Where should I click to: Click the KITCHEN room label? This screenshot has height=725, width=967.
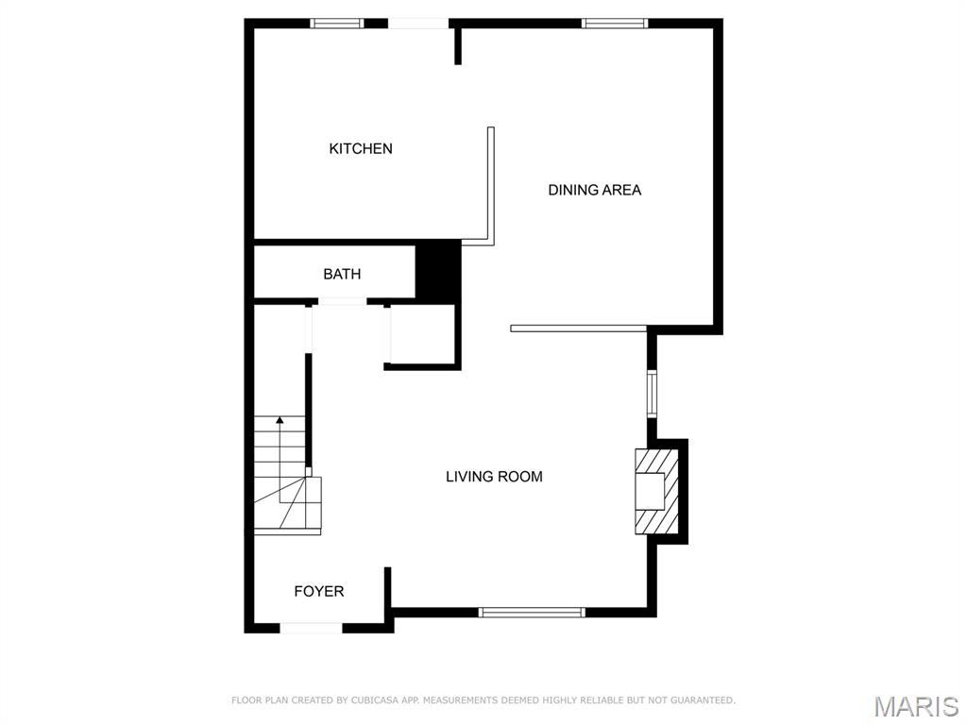click(x=361, y=148)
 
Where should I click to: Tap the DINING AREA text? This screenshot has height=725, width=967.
click(x=594, y=190)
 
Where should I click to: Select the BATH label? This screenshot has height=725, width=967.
click(x=342, y=274)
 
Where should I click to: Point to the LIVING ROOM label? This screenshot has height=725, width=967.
click(x=494, y=477)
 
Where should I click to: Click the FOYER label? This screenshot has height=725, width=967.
click(x=319, y=591)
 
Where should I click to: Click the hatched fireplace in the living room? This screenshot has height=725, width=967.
click(x=654, y=491)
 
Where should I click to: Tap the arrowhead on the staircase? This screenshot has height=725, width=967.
click(x=279, y=419)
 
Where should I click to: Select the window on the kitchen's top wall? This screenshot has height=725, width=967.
click(x=337, y=24)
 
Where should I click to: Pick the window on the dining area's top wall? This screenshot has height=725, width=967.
click(x=614, y=24)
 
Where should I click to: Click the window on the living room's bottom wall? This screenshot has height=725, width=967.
click(x=533, y=613)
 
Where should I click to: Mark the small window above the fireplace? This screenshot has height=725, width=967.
click(x=652, y=394)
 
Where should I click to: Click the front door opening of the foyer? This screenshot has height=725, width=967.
click(x=312, y=628)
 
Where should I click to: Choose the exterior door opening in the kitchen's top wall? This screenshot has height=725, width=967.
click(x=418, y=24)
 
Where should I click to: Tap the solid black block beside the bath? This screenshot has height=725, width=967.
click(x=438, y=272)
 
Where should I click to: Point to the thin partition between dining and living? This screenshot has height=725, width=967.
click(x=578, y=329)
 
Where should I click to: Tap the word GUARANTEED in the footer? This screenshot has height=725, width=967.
click(x=703, y=700)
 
